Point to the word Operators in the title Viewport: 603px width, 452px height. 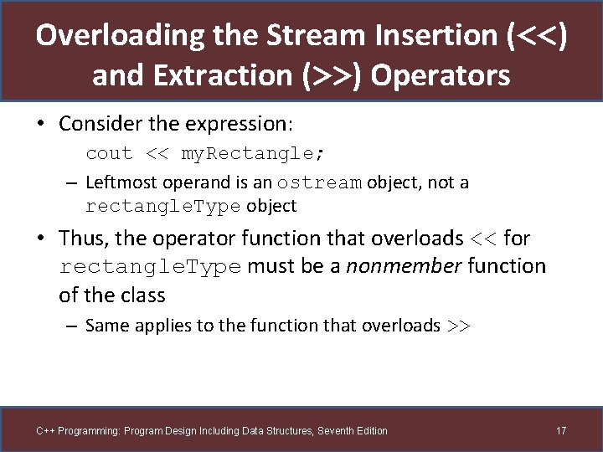click(x=440, y=75)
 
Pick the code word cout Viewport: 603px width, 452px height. click(x=109, y=154)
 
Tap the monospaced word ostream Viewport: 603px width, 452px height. click(x=319, y=182)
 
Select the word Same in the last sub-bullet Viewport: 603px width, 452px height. click(x=106, y=326)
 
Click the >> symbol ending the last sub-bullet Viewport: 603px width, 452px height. click(x=458, y=326)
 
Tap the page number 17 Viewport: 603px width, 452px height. click(x=561, y=431)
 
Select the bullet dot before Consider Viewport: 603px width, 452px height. click(x=40, y=124)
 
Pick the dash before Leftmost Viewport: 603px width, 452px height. click(x=73, y=182)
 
